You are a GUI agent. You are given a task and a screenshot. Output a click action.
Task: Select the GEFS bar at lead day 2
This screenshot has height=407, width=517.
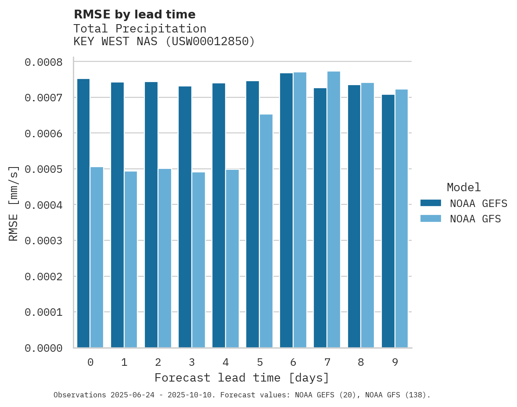(151, 215)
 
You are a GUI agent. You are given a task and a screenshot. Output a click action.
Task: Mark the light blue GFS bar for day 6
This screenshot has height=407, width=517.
(300, 210)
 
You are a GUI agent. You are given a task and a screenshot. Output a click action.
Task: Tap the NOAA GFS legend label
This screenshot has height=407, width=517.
(475, 219)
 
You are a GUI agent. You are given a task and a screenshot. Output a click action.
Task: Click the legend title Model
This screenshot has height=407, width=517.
(463, 187)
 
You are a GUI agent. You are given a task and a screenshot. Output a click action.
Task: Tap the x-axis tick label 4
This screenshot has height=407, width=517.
(226, 362)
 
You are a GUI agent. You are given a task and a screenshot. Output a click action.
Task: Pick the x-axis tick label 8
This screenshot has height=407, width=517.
(361, 362)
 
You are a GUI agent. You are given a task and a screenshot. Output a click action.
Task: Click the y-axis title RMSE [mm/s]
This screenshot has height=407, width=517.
(14, 203)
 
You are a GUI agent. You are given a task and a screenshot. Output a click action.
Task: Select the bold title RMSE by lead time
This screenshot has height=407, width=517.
(134, 14)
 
